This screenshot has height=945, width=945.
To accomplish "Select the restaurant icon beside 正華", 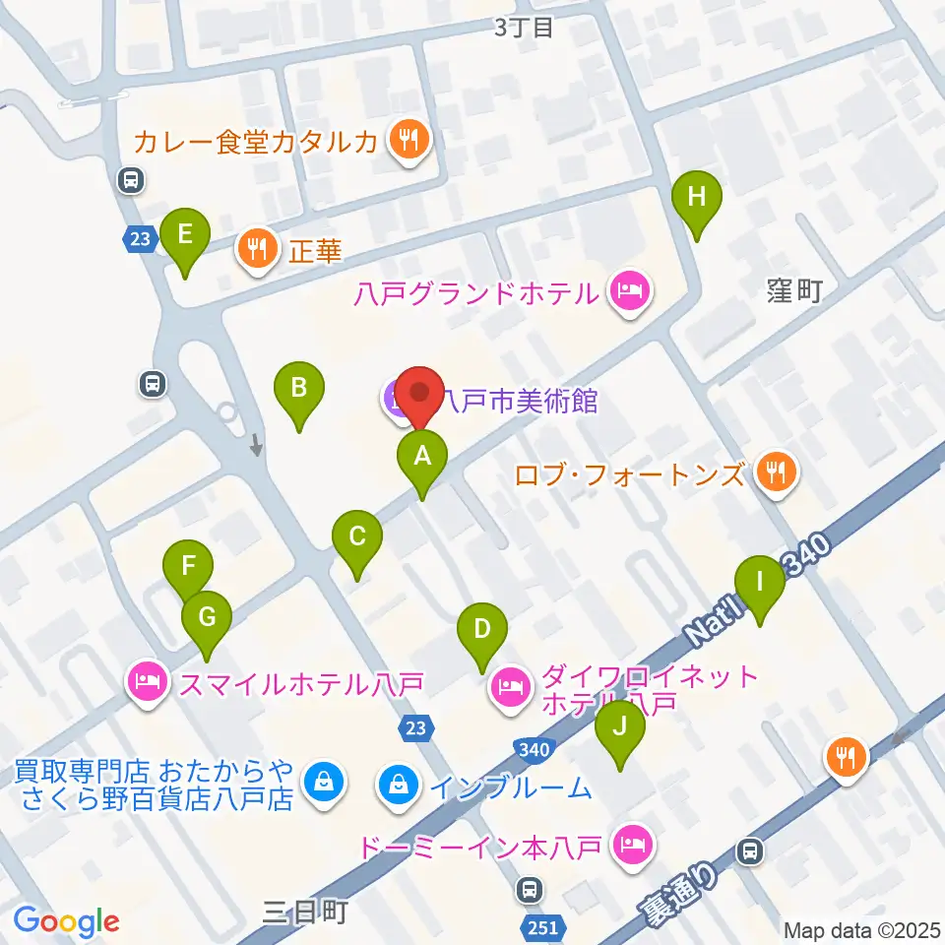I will pos(258,250).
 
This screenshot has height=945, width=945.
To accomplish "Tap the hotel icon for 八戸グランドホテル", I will pos(628,291).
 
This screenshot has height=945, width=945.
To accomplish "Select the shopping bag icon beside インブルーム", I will pos(398,785).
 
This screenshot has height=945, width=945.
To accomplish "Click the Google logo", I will pos(66,920).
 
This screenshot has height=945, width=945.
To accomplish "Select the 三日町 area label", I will pos(306,913).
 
